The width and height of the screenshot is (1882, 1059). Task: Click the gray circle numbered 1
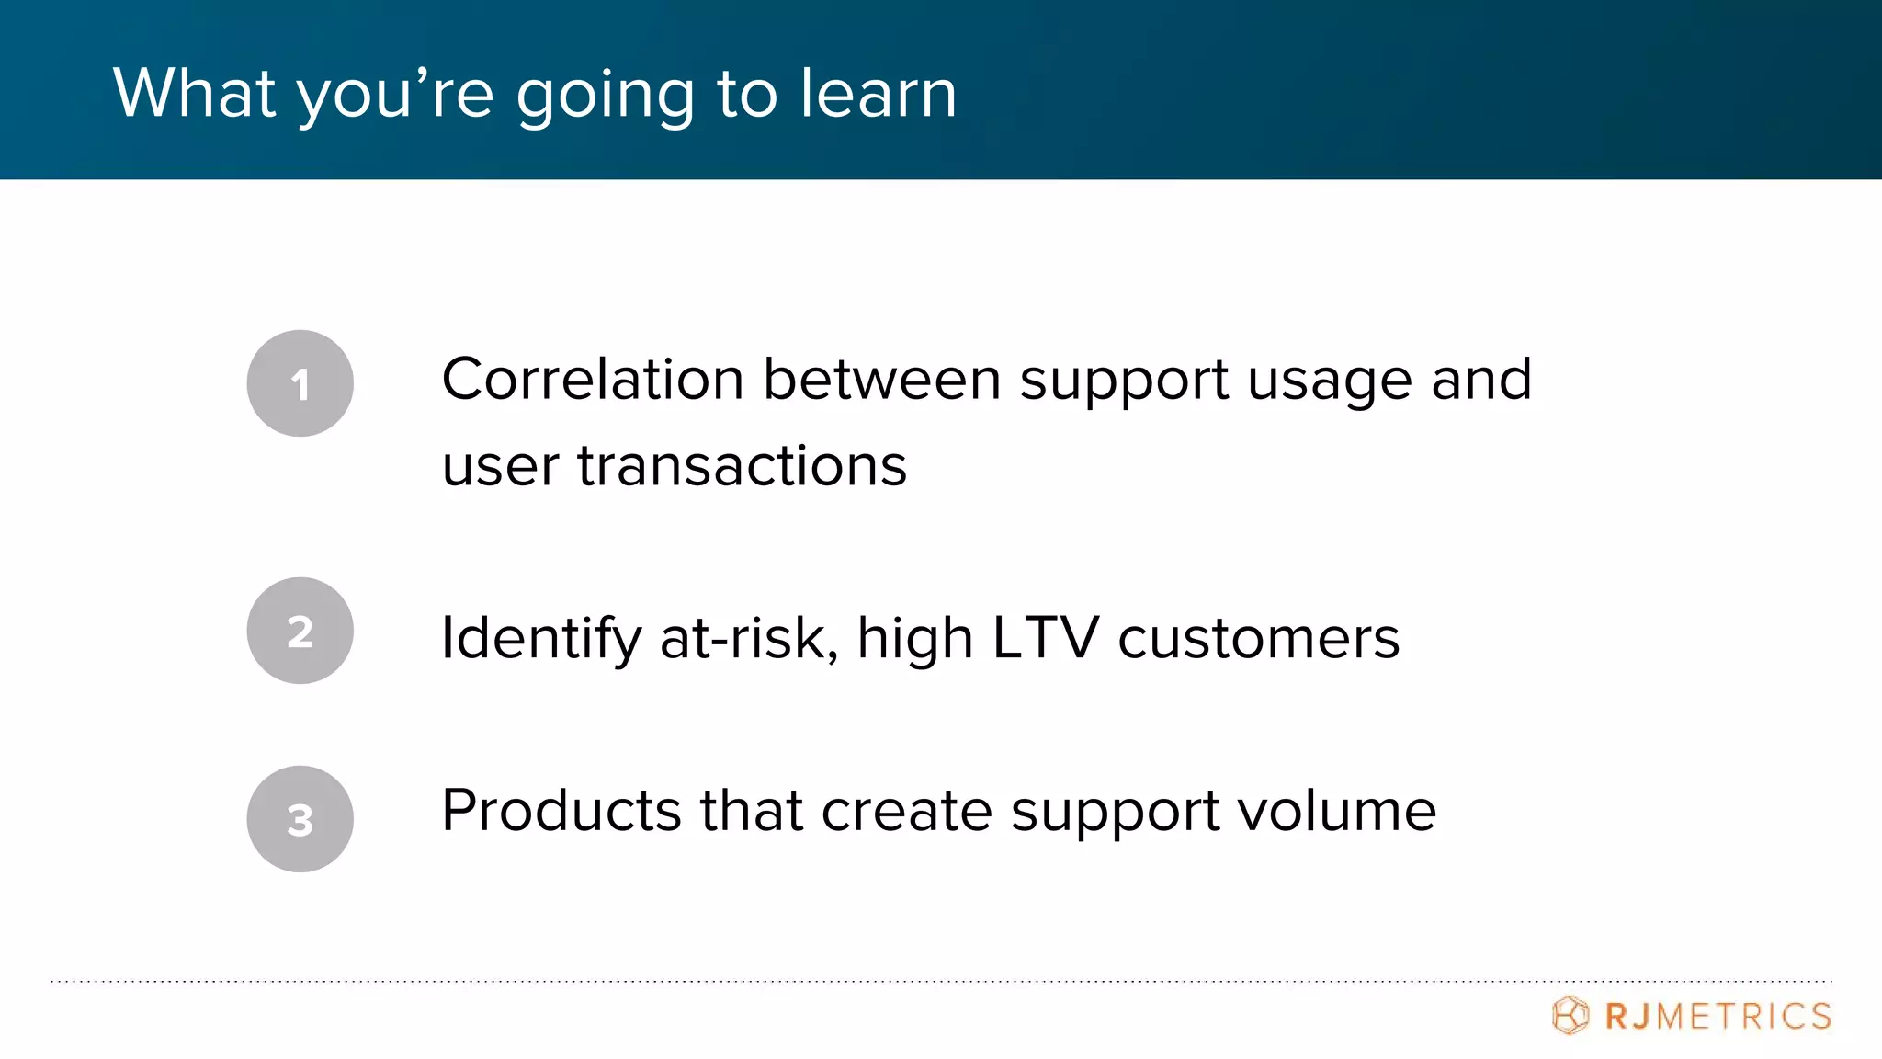[x=300, y=383]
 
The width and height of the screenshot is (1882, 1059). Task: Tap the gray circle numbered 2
[x=300, y=631]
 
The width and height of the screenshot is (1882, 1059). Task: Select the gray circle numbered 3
[x=300, y=819]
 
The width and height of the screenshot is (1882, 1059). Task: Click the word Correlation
[x=593, y=379]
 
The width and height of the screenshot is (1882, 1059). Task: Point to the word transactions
[x=742, y=465]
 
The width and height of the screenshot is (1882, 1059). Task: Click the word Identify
[x=540, y=638]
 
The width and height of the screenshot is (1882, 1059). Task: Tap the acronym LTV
[x=1045, y=638]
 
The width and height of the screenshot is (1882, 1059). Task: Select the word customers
[x=1258, y=638]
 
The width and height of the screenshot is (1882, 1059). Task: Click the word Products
[x=561, y=811]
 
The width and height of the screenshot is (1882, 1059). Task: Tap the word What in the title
[x=194, y=93]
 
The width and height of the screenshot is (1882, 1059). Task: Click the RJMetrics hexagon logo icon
[x=1570, y=1016]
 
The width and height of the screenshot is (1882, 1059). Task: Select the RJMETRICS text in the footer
[x=1718, y=1017]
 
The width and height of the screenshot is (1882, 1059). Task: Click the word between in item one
[x=881, y=379]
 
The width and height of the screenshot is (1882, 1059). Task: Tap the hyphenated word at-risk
[x=749, y=638]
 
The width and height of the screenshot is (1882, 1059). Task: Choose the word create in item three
[x=906, y=811]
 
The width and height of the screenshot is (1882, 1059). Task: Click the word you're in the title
[x=395, y=95]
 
